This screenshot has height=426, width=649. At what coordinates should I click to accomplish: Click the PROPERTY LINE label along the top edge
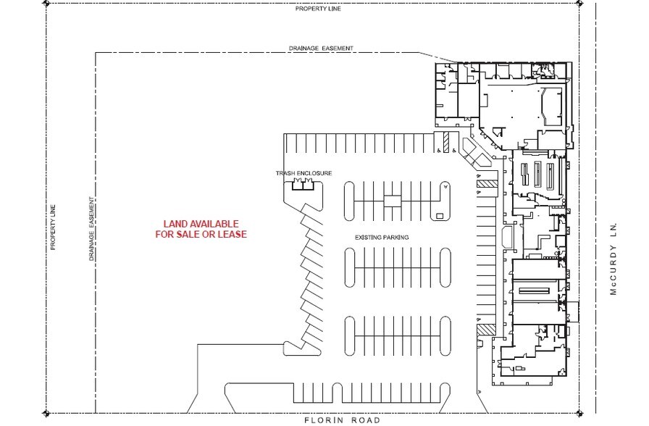pos(317,9)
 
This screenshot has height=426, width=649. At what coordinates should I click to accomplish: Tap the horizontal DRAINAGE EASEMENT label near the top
pos(320,49)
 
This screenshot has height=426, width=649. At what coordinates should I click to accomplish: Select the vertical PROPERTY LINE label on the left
pos(53,227)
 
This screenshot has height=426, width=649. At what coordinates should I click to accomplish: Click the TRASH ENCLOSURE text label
pos(303,173)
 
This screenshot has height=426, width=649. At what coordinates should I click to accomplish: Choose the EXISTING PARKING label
pos(382,238)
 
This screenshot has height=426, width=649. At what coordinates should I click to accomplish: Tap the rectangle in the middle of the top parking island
pos(392,201)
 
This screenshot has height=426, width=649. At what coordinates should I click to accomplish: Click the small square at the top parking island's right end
pos(439,215)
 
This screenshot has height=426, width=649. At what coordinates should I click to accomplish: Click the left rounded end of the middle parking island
pos(349,268)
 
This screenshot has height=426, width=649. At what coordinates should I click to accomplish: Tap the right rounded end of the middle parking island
pos(445,268)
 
